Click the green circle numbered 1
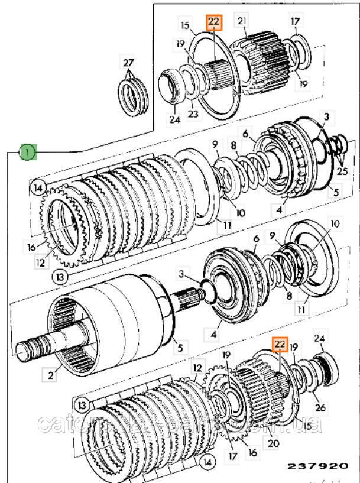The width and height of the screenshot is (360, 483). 27,153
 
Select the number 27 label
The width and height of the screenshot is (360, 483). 129,63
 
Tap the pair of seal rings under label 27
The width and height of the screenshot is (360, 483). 134,93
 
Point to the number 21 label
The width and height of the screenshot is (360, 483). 241,22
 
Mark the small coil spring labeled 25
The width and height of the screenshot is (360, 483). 334,144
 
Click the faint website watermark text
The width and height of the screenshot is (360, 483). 177,424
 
